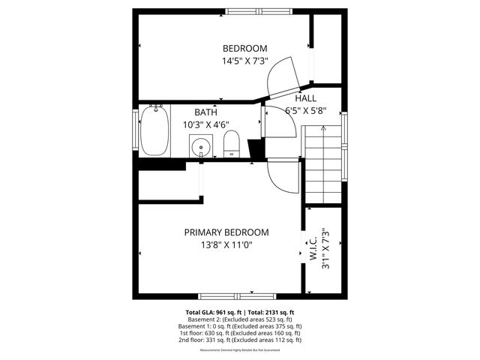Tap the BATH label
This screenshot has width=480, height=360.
point(206,112)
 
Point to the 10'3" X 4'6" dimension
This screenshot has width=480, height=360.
point(206,125)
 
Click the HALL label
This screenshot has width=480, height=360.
point(305,98)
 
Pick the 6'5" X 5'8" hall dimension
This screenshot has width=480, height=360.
point(305,111)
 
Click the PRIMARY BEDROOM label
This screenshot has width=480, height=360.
point(226,232)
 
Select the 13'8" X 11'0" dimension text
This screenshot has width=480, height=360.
point(226,245)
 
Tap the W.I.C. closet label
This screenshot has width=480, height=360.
point(312,248)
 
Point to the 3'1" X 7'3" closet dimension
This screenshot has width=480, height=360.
point(325,248)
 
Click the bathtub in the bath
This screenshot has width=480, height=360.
point(154,131)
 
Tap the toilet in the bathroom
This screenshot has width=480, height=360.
point(232,143)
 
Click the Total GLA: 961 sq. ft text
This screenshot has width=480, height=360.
point(212,312)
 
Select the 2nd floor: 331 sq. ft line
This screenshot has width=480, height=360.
point(240,340)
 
